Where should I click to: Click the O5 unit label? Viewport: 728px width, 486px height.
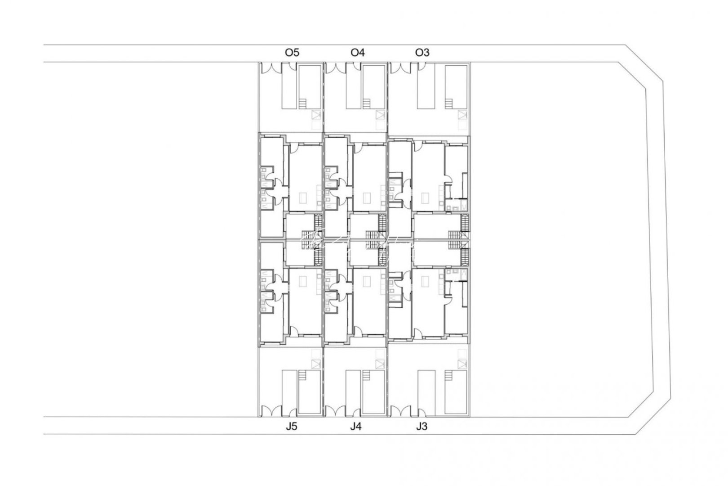click(292, 53)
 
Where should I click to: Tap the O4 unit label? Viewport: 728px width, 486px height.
click(358, 53)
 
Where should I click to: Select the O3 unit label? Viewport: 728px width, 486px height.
click(422, 53)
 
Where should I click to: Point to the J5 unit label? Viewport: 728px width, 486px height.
click(292, 427)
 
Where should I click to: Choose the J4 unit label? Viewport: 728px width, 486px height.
click(356, 427)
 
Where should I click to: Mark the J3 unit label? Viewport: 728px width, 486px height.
click(422, 427)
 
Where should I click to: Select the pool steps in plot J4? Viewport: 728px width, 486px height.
click(368, 375)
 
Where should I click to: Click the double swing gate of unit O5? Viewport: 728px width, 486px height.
click(271, 68)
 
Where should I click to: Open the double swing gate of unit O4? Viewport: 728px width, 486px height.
click(336, 68)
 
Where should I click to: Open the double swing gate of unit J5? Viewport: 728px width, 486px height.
click(271, 411)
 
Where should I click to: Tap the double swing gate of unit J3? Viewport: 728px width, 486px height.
click(401, 411)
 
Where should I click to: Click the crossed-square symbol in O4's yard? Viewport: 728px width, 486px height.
click(381, 115)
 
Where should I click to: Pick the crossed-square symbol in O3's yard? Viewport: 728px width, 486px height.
click(462, 115)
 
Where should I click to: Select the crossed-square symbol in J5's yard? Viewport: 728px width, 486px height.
click(317, 364)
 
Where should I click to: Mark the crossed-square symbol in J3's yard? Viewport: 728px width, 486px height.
click(462, 364)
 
